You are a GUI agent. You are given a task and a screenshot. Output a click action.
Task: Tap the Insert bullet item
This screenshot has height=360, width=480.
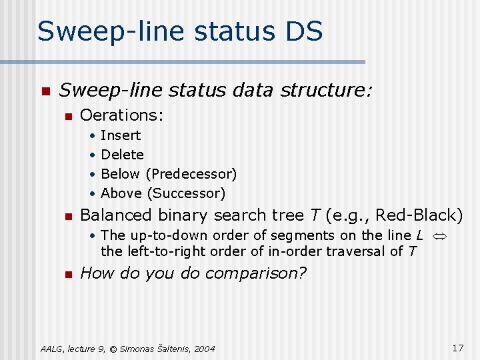(121, 135)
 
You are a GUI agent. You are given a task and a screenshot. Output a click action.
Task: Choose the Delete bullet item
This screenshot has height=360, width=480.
(122, 155)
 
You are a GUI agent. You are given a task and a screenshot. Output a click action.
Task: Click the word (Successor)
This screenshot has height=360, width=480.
(186, 193)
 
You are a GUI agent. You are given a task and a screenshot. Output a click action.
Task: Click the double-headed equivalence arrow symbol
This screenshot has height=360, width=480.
(439, 235)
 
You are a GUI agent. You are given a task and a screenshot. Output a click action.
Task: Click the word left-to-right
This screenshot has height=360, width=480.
(163, 251)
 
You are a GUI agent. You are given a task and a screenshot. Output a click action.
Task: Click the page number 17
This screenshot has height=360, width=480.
(457, 347)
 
